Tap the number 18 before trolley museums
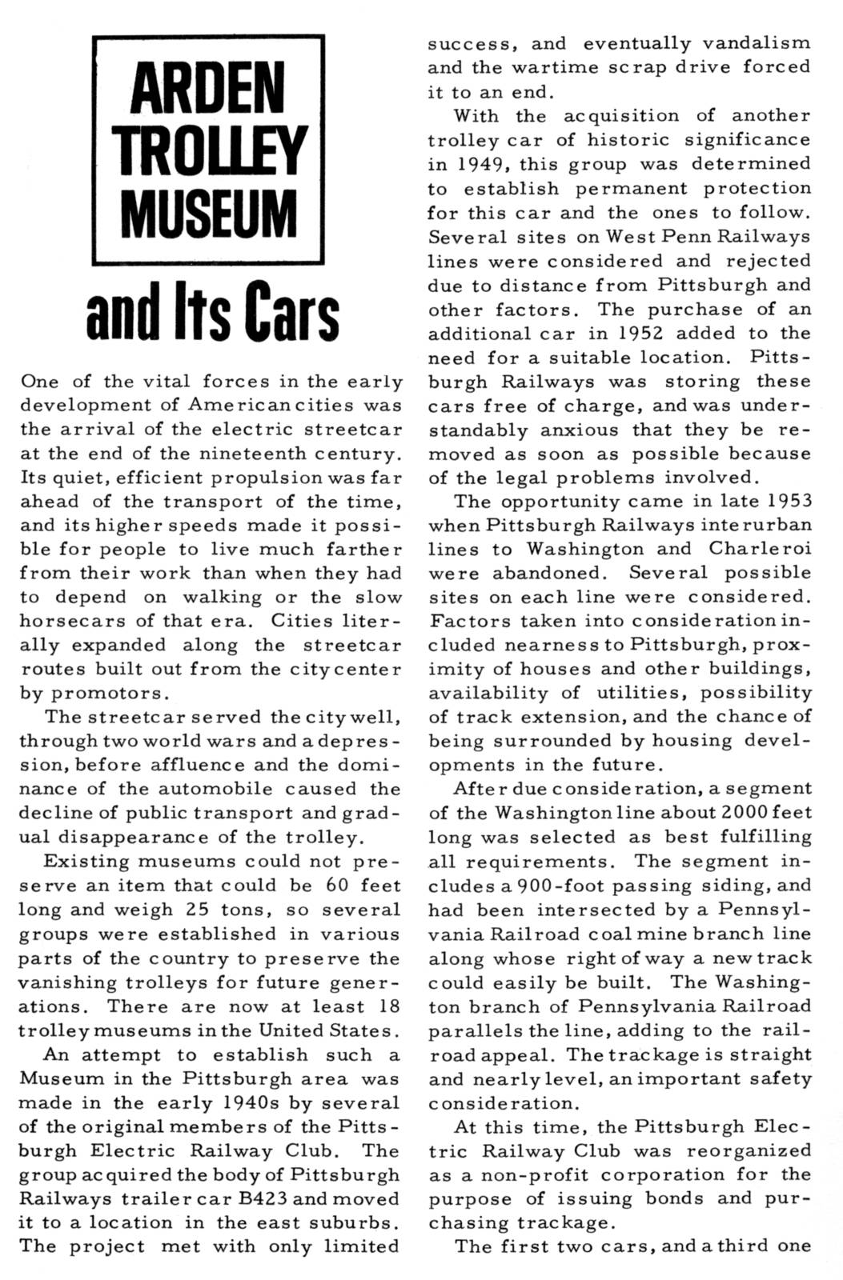386,1006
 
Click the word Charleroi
760,550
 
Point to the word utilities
639,693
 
